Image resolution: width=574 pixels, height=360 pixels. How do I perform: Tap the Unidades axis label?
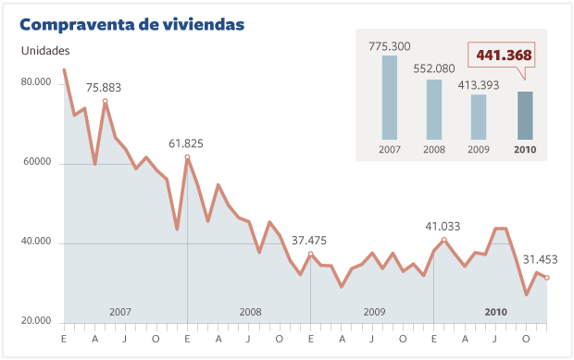pos(45,51)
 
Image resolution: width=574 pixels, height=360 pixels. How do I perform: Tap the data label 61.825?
pos(186,143)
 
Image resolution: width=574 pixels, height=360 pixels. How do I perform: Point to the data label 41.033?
pos(443,226)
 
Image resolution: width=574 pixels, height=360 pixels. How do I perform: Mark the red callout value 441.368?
pos(504,56)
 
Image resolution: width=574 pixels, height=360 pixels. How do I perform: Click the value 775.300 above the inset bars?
pos(390,45)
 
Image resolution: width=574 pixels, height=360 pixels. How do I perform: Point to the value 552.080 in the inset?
pos(434,68)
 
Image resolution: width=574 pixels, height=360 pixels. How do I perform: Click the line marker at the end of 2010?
pos(547,278)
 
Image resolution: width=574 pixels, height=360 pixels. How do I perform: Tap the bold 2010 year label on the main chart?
pos(496,312)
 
